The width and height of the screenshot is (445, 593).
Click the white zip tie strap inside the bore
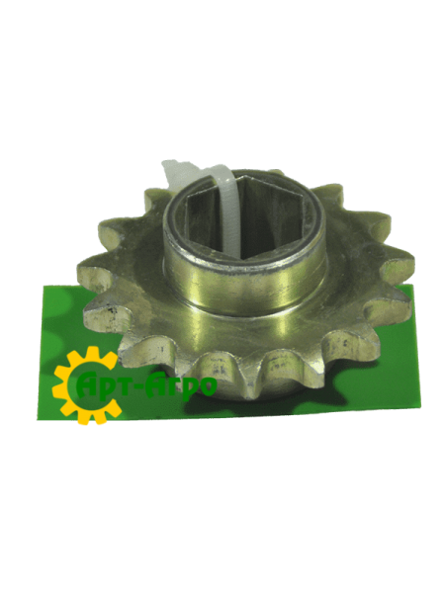pos(229,212)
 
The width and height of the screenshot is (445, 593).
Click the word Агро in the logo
pos(185,386)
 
